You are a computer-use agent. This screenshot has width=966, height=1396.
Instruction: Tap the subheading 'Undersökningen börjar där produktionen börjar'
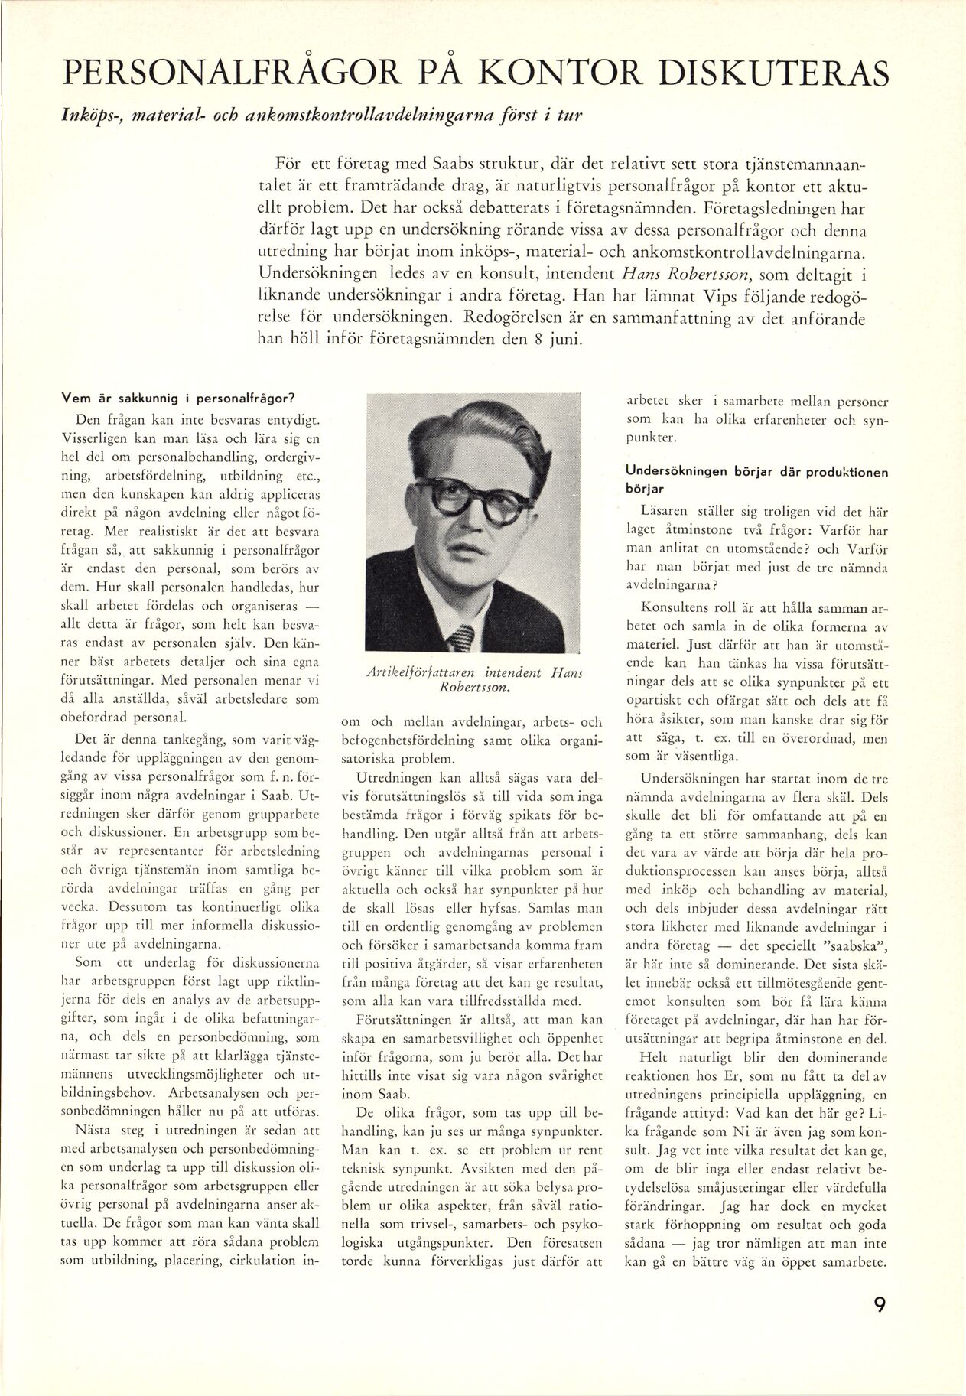pos(756,480)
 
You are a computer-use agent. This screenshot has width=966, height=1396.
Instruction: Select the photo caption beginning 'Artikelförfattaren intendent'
pos(474,679)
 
